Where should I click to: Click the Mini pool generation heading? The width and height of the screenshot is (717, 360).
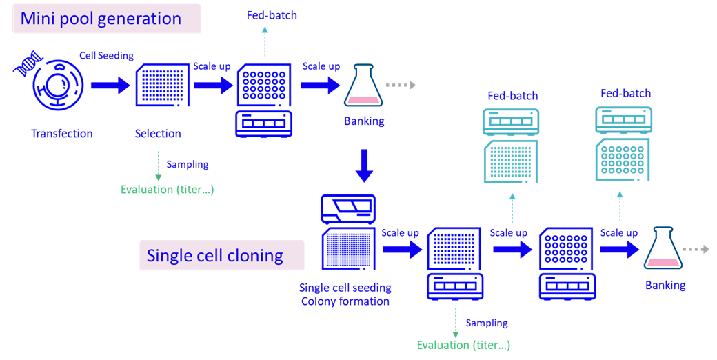[101, 19]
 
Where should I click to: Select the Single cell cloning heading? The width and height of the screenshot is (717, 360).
[215, 256]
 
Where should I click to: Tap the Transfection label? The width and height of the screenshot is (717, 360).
[61, 134]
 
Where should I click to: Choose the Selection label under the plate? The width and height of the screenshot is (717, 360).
[158, 134]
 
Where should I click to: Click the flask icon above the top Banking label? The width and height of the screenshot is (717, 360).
[363, 85]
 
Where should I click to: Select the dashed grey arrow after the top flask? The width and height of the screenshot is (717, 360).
[401, 85]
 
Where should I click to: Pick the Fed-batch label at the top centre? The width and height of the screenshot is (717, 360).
[272, 14]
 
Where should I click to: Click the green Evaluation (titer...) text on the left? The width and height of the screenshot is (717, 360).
[168, 190]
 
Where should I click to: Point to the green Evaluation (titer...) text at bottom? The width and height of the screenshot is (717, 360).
[463, 345]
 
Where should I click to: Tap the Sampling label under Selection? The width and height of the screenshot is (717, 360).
[188, 165]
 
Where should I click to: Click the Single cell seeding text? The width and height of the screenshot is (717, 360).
[345, 288]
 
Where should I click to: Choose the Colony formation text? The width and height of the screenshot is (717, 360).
[345, 301]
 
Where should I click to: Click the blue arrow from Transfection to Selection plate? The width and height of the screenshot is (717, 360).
[110, 86]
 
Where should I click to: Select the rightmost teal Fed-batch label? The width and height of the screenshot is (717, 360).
[625, 93]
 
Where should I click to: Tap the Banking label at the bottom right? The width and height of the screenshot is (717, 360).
[665, 286]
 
